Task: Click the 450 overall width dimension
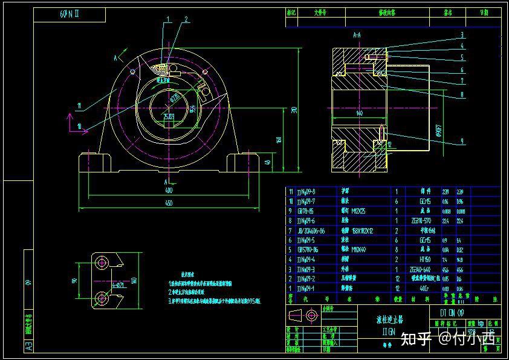(x=169, y=203)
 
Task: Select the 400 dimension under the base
(x=169, y=191)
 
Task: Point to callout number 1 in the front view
(x=169, y=19)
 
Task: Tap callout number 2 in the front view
(x=186, y=19)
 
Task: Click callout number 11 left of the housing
(x=79, y=106)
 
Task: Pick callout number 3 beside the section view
(x=462, y=34)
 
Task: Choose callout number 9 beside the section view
(x=462, y=141)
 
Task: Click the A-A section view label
(x=357, y=36)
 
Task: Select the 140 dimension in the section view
(x=359, y=113)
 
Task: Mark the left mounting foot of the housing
(x=96, y=164)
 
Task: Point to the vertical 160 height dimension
(x=279, y=140)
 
